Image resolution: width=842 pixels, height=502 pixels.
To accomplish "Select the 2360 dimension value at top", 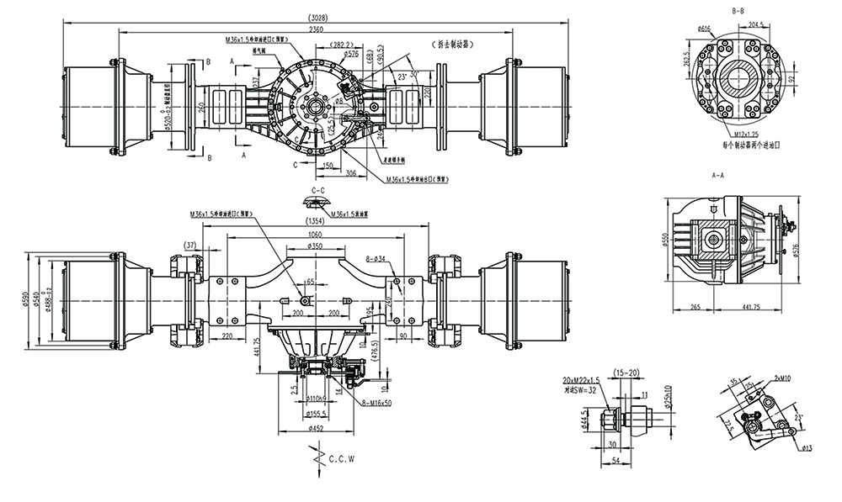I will point(315,29).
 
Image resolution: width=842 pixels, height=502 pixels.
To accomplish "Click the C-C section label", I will point(317,191).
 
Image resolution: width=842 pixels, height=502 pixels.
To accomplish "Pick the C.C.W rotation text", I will point(342,460).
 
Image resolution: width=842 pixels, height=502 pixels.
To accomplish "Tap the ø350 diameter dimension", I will point(317,246).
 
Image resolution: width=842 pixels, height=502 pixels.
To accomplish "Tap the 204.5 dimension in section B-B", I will point(755,25).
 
